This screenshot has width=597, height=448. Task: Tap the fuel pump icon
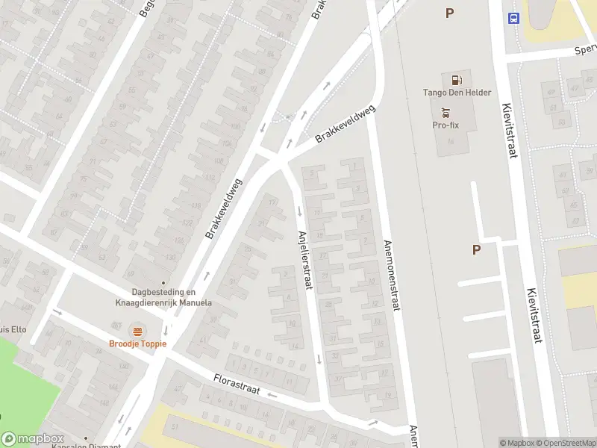coord(456,80)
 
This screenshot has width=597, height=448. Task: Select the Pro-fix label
coord(445,125)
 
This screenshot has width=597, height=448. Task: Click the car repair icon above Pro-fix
coord(446,113)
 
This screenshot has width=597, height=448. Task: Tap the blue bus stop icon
coord(513,19)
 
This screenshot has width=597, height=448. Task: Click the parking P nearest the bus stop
coord(449,13)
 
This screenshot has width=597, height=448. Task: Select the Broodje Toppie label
coord(137,343)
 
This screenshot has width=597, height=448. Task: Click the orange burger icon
coord(137,331)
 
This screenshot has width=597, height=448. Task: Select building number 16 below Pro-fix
coord(451,141)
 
